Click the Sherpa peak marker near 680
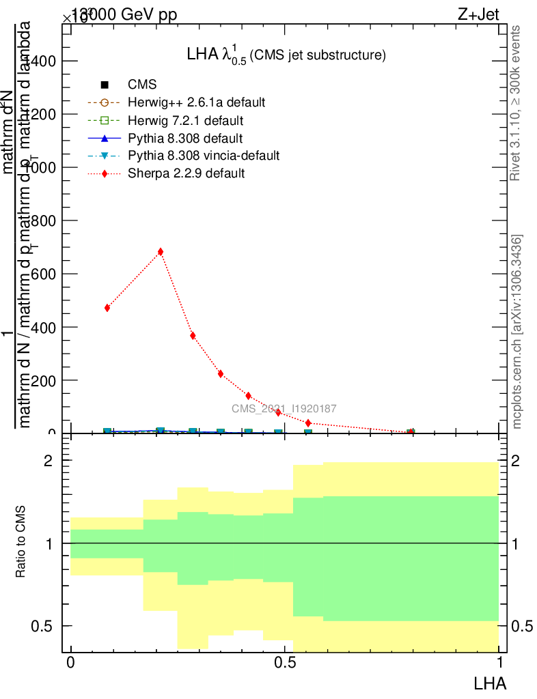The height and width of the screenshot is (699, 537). click(x=161, y=252)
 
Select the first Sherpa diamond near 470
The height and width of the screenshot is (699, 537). click(x=107, y=308)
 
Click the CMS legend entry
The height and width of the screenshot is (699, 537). click(x=142, y=85)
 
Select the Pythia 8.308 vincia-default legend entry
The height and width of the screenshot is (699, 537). click(x=204, y=156)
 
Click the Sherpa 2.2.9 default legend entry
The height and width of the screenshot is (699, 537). click(x=186, y=173)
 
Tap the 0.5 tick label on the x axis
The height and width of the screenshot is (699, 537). click(x=285, y=663)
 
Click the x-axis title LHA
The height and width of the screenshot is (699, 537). click(x=490, y=682)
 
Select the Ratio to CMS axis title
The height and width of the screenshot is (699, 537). click(x=22, y=543)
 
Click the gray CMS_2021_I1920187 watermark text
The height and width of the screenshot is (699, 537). click(x=284, y=408)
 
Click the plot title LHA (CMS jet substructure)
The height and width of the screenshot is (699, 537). click(x=286, y=55)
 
